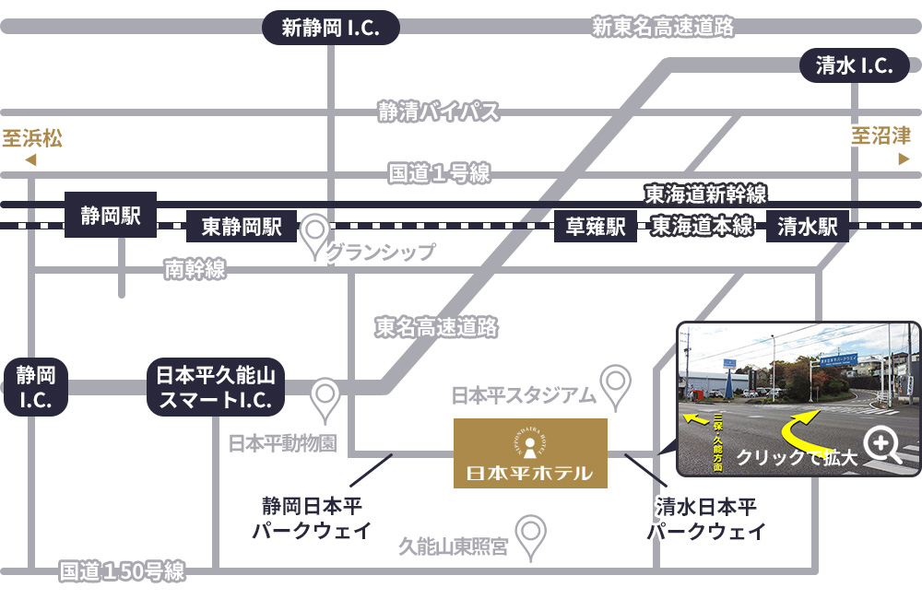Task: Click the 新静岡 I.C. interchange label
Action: tap(331, 28)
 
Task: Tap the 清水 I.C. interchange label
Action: tap(854, 65)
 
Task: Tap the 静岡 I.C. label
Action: tap(36, 387)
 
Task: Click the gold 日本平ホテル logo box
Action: tap(530, 452)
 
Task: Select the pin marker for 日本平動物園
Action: tap(325, 398)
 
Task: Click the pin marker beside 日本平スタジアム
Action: tap(615, 383)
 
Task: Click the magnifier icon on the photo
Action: tap(883, 446)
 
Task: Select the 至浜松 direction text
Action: tap(31, 139)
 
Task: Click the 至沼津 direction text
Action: tap(881, 137)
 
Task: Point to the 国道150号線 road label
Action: tap(122, 571)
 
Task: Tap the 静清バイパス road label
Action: tap(438, 112)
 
